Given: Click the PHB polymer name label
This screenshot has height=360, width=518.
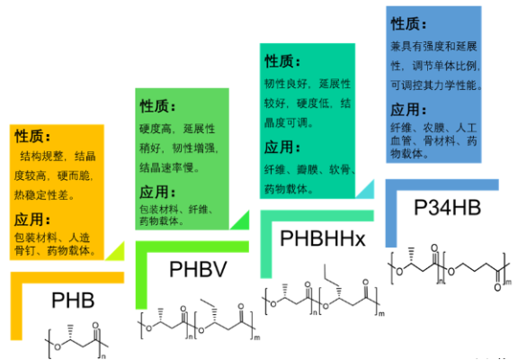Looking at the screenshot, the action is click(73, 301).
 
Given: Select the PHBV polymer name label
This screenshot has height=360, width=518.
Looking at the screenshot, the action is click(198, 269).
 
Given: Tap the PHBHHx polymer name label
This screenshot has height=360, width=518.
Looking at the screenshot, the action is click(323, 238).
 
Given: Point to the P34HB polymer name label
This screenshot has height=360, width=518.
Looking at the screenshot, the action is click(447, 208).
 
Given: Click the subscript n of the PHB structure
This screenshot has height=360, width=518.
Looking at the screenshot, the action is click(103, 356).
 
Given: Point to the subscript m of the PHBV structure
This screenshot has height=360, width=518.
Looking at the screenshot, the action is click(257, 337).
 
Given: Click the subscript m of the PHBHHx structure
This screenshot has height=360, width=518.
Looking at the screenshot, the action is click(381, 313).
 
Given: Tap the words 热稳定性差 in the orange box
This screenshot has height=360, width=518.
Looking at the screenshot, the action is click(41, 195).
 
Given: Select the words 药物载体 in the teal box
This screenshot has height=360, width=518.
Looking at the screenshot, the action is click(286, 189).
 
